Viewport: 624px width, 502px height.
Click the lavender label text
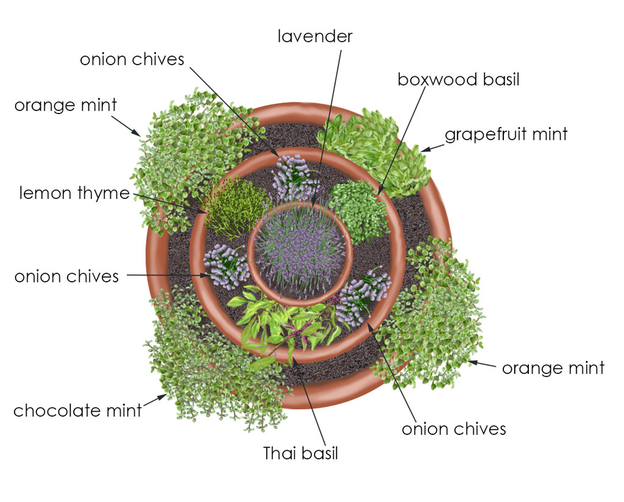315,37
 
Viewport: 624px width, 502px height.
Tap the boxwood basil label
458,80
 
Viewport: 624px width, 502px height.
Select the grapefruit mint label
506,134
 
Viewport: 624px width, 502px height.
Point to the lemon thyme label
74,194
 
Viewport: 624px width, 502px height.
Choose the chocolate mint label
77,411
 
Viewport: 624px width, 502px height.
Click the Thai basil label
300,454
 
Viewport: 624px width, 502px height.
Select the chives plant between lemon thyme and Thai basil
225,265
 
